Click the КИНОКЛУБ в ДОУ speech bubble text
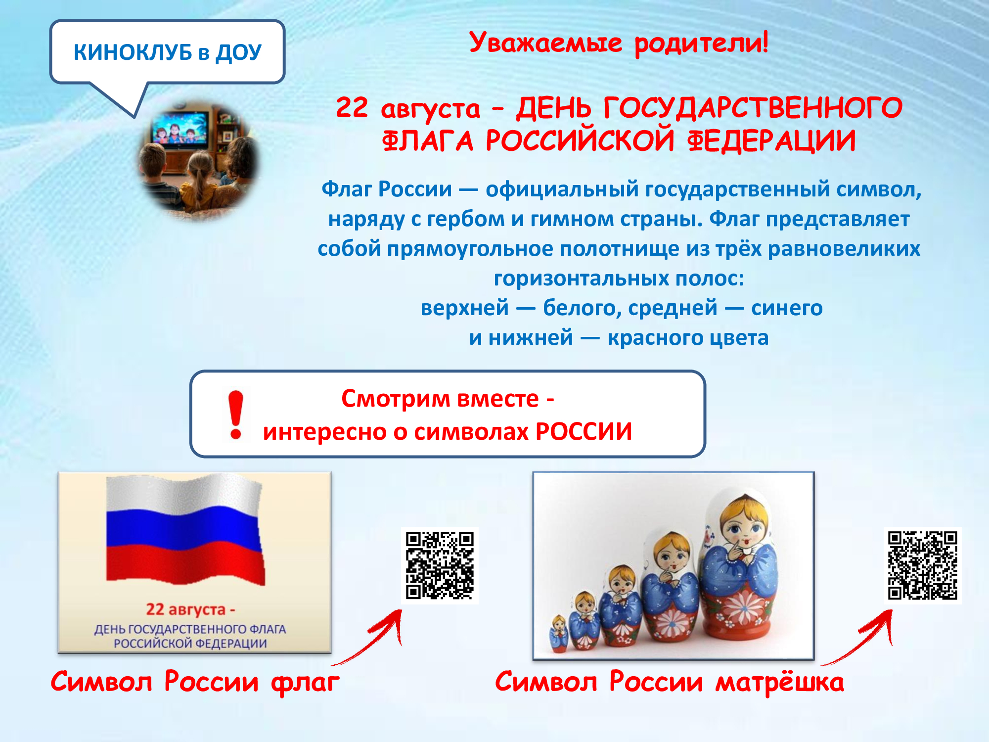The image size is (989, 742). pyautogui.click(x=167, y=52)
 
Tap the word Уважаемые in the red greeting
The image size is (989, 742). pyautogui.click(x=545, y=43)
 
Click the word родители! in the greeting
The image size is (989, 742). pyautogui.click(x=701, y=44)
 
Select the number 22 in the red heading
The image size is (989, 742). pyautogui.click(x=352, y=107)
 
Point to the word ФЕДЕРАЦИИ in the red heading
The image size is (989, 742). pyautogui.click(x=771, y=140)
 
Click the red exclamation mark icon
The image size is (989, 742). pyautogui.click(x=236, y=415)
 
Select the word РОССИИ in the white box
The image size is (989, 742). pyautogui.click(x=584, y=431)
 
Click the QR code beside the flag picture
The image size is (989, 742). pyautogui.click(x=440, y=565)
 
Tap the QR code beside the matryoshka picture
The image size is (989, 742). pyautogui.click(x=923, y=565)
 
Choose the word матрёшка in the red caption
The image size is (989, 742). pyautogui.click(x=780, y=682)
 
